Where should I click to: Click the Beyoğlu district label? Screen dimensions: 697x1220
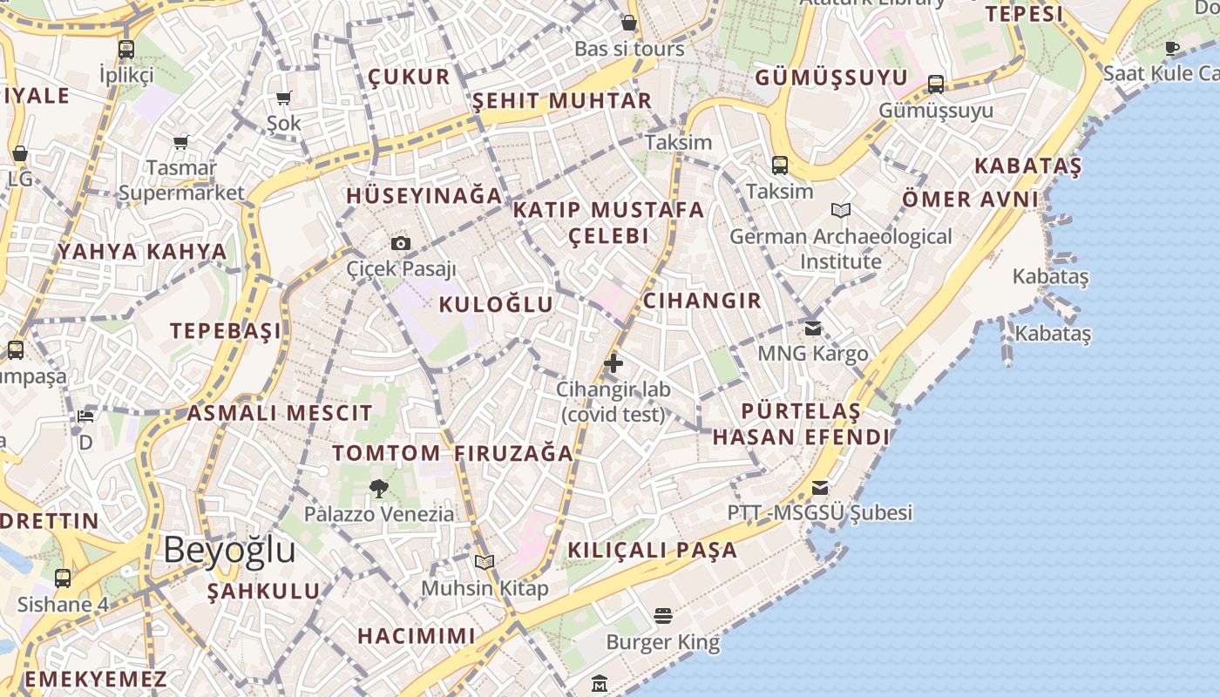pos(229,551)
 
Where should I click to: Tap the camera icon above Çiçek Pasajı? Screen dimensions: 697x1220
pos(401,243)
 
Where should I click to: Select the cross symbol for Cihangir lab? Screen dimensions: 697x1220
pos(613,362)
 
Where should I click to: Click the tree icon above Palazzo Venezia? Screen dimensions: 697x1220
pos(378,488)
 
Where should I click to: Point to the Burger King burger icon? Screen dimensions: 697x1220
pos(663,616)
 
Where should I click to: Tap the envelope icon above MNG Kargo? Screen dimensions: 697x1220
pos(813,328)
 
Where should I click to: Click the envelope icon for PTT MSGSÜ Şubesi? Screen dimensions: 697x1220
pos(820,487)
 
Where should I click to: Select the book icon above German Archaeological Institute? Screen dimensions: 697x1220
pos(841,210)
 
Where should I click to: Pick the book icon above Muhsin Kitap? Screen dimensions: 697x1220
pos(485,563)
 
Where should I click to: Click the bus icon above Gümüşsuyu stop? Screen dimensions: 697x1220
pos(936,85)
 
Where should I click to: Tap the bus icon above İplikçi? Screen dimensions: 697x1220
pos(126,49)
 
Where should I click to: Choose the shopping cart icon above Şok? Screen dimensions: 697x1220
pos(283,98)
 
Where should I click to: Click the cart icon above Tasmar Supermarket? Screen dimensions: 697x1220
pos(181,141)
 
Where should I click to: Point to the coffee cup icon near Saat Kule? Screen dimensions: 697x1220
pos(1172,48)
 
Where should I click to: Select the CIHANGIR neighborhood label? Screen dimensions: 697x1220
pos(701,301)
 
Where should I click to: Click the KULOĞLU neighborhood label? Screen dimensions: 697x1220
pos(496,304)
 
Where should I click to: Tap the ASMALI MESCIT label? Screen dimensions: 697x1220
pos(280,413)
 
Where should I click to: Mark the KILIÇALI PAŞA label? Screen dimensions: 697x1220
pos(653,551)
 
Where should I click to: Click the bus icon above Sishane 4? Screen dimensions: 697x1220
pos(63,578)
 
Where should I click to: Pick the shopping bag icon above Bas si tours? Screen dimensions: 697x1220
pos(629,23)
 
